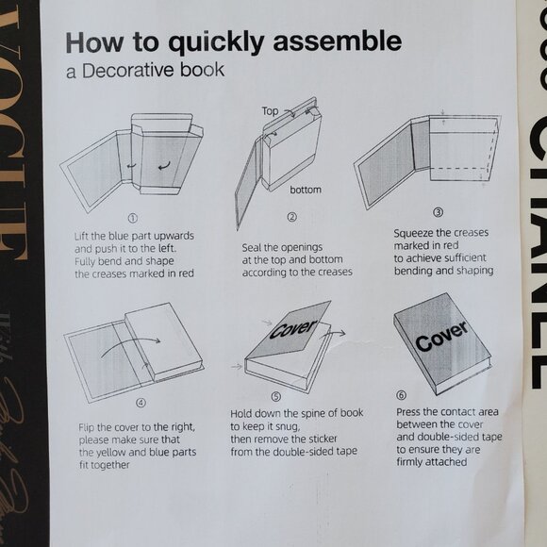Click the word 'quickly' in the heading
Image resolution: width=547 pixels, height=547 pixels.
pyautogui.click(x=216, y=42)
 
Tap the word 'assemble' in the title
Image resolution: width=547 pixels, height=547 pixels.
pyautogui.click(x=338, y=41)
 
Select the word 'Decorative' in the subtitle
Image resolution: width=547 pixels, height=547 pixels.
pyautogui.click(x=128, y=70)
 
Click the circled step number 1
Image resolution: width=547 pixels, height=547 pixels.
pyautogui.click(x=133, y=219)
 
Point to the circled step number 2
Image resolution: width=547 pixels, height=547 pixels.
pyautogui.click(x=292, y=217)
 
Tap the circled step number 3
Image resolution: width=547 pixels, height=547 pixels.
pyautogui.click(x=439, y=212)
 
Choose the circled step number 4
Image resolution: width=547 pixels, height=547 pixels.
pyautogui.click(x=141, y=403)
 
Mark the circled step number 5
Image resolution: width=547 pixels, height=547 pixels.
pyautogui.click(x=276, y=396)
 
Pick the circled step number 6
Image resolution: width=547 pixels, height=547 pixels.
pyautogui.click(x=401, y=395)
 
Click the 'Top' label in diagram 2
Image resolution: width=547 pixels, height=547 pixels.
pyautogui.click(x=270, y=111)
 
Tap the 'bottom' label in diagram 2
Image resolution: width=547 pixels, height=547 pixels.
pyautogui.click(x=306, y=190)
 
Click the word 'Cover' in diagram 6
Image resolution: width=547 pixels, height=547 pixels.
pyautogui.click(x=441, y=336)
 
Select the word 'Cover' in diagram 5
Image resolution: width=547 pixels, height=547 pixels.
pyautogui.click(x=293, y=328)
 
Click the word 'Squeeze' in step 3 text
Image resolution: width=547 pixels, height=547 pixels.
pyautogui.click(x=410, y=233)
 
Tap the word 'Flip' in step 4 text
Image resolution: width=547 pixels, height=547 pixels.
pyautogui.click(x=86, y=428)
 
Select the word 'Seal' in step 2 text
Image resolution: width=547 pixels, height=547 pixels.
pyautogui.click(x=251, y=247)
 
